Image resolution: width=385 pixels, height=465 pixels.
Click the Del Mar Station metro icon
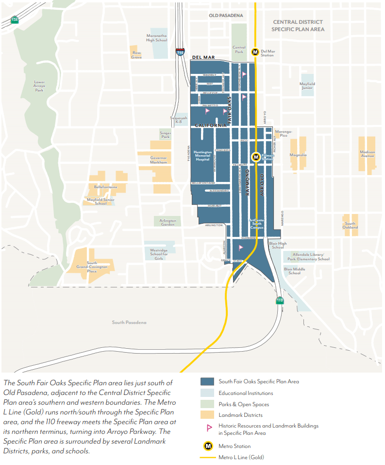(x=255, y=52)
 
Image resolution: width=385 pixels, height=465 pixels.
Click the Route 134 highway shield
(x=15, y=20)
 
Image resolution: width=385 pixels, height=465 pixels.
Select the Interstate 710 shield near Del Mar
(x=180, y=52)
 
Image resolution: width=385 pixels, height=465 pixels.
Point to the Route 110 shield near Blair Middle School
(x=280, y=300)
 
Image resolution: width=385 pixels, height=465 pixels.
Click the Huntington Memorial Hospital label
(x=203, y=156)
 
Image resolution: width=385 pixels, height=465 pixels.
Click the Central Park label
(x=239, y=50)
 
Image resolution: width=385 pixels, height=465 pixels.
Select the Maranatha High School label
(x=157, y=37)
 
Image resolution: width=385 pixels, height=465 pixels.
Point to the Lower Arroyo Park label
(x=39, y=86)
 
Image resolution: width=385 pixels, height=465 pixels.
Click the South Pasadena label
(x=129, y=322)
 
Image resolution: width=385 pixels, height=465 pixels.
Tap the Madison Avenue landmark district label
(x=367, y=154)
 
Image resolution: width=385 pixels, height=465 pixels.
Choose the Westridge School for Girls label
(x=159, y=254)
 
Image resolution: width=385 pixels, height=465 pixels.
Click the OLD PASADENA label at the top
(x=226, y=16)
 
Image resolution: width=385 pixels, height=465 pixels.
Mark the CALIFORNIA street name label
(x=211, y=125)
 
